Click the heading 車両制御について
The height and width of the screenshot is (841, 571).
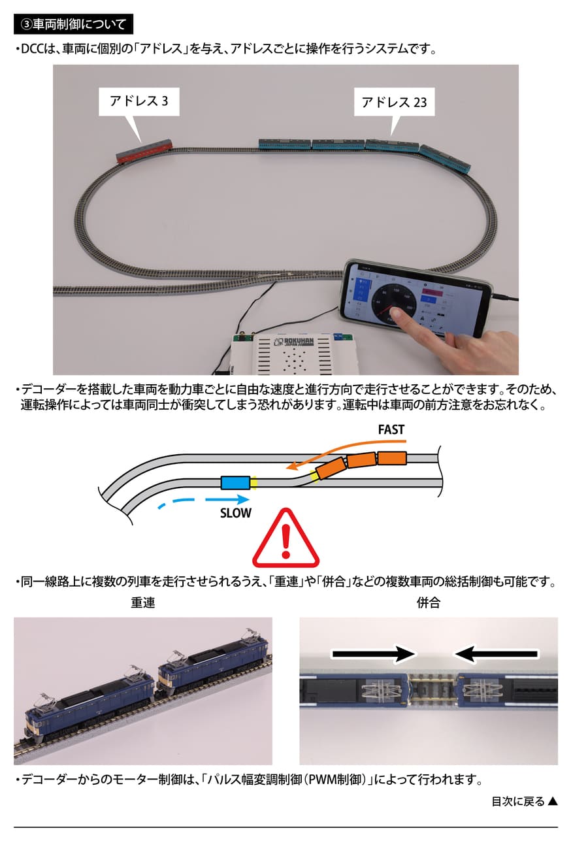pos(79,24)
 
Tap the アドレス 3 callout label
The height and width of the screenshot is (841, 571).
pos(139,101)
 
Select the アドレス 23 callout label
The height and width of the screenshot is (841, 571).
pos(394,102)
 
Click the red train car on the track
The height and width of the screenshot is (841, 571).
pos(144,152)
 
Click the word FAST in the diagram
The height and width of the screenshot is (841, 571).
pos(391,429)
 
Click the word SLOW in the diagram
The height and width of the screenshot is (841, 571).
pos(235,513)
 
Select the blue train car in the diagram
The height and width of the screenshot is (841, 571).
pos(235,483)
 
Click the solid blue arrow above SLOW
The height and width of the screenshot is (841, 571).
pos(227,499)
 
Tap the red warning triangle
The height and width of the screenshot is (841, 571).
pos(285,538)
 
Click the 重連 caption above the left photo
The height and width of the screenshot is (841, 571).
pos(142,602)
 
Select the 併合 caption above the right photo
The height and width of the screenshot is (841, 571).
pos(429,602)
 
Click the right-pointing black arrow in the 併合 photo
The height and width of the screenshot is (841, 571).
pos(374,654)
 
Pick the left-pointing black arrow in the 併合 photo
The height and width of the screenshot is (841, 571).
pos(496,654)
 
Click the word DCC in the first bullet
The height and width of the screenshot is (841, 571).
pos(32,49)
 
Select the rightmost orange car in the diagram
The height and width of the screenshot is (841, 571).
pos(392,459)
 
